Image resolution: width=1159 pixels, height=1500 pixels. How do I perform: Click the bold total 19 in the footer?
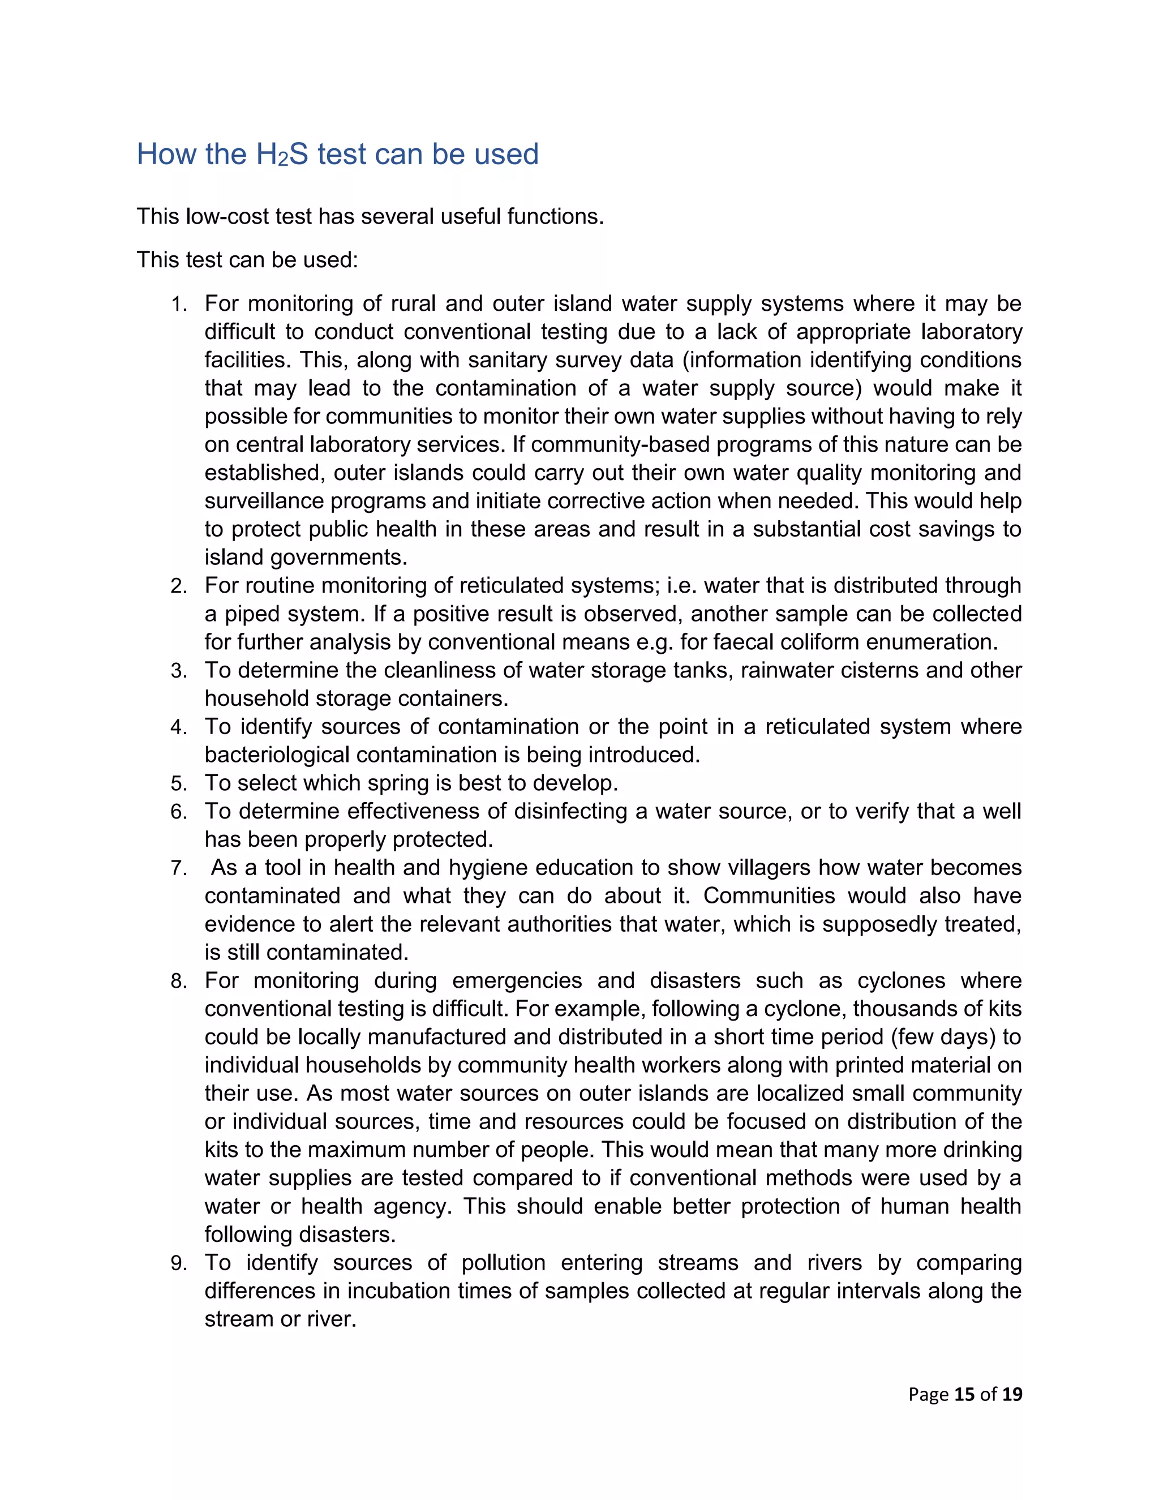pyautogui.click(x=1012, y=1394)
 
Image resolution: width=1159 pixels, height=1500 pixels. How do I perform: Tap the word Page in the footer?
pyautogui.click(x=928, y=1394)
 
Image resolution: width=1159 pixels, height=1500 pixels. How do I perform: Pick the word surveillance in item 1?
pyautogui.click(x=264, y=501)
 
